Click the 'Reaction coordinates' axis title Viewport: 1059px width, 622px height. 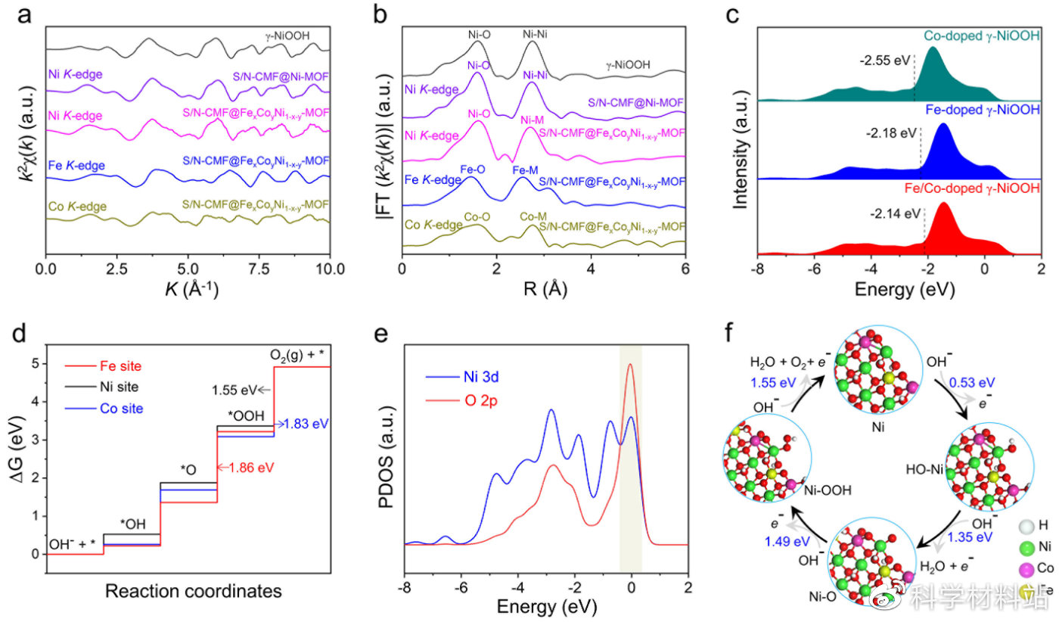pyautogui.click(x=188, y=589)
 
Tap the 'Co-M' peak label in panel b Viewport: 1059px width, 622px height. pyautogui.click(x=534, y=217)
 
